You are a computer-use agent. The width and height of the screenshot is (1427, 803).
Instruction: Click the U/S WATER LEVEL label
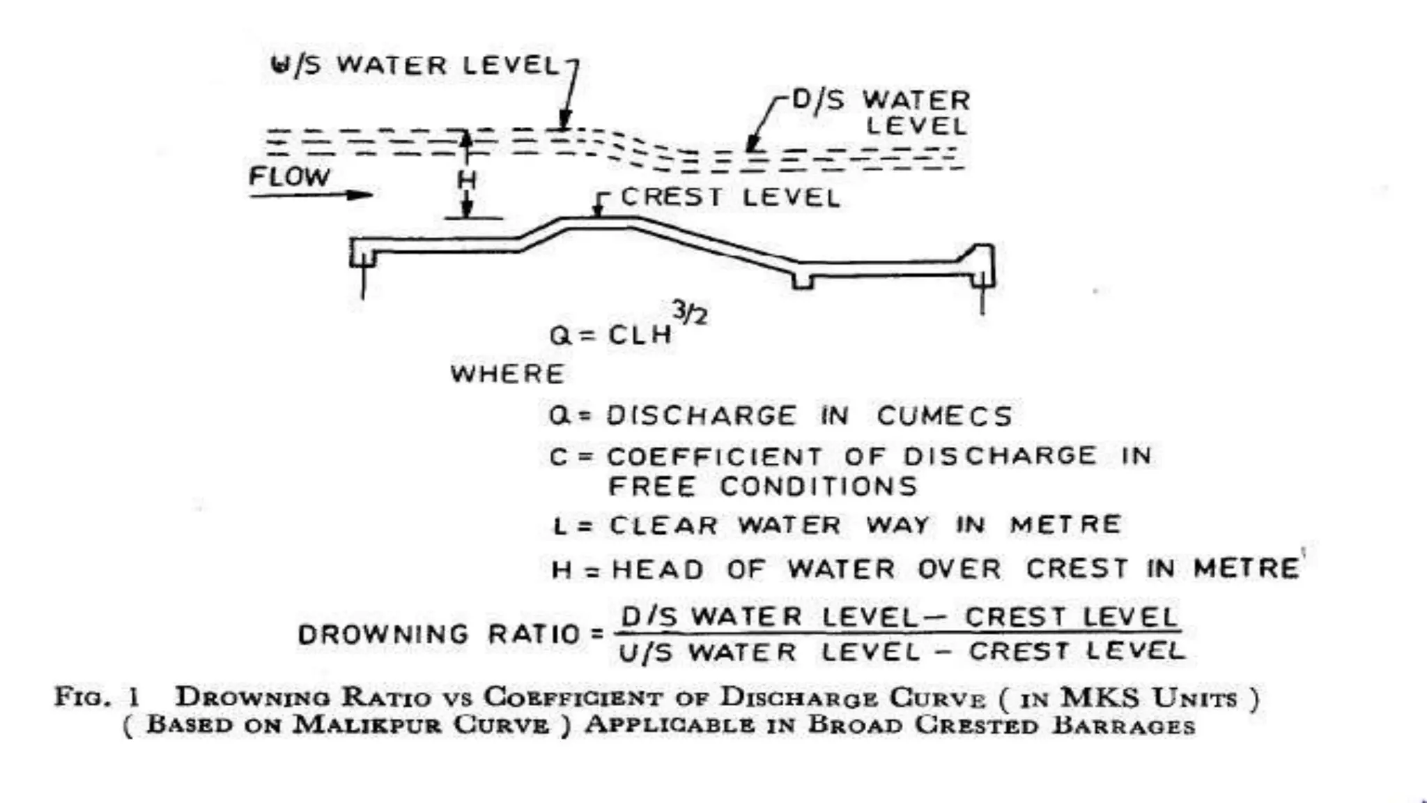(415, 66)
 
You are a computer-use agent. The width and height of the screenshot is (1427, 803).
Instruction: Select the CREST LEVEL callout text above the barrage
(730, 198)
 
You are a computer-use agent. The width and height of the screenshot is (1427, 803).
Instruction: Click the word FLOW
(289, 177)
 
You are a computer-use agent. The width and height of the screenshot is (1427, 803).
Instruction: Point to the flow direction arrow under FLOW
(311, 195)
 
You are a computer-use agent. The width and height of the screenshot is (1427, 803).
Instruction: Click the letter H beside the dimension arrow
(466, 181)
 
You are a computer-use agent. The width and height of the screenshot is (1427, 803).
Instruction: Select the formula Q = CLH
(610, 335)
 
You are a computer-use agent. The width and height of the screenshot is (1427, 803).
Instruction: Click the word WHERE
(507, 374)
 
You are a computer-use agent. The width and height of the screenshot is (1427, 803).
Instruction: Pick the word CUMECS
(944, 416)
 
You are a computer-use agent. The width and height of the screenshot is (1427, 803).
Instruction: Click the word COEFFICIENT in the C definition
(715, 457)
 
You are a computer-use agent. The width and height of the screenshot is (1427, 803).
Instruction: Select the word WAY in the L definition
(897, 525)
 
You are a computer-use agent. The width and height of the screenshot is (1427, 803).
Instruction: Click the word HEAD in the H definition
(658, 570)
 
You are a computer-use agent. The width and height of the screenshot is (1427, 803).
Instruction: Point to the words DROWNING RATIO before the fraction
(439, 634)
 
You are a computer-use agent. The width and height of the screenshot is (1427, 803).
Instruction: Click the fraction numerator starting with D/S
(899, 617)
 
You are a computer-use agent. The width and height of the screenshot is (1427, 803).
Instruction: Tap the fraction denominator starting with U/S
(902, 652)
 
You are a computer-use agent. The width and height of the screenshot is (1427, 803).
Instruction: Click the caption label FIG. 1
(98, 697)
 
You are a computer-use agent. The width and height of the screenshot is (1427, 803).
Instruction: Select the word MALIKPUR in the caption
(367, 725)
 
